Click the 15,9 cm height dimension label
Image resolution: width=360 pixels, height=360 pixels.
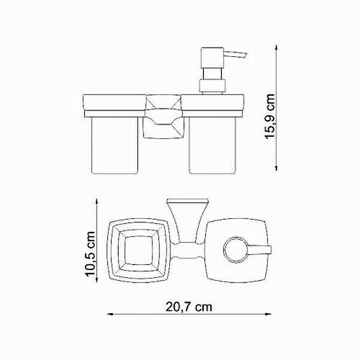point(270,116)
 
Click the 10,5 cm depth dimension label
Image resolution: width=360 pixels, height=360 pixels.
point(90,254)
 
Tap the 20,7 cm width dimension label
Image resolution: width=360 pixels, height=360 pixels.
point(189,307)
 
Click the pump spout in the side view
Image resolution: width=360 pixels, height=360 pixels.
point(235,55)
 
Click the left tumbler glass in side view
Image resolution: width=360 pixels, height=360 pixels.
point(115,145)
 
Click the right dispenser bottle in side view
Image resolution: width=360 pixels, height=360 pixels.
point(212,145)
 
